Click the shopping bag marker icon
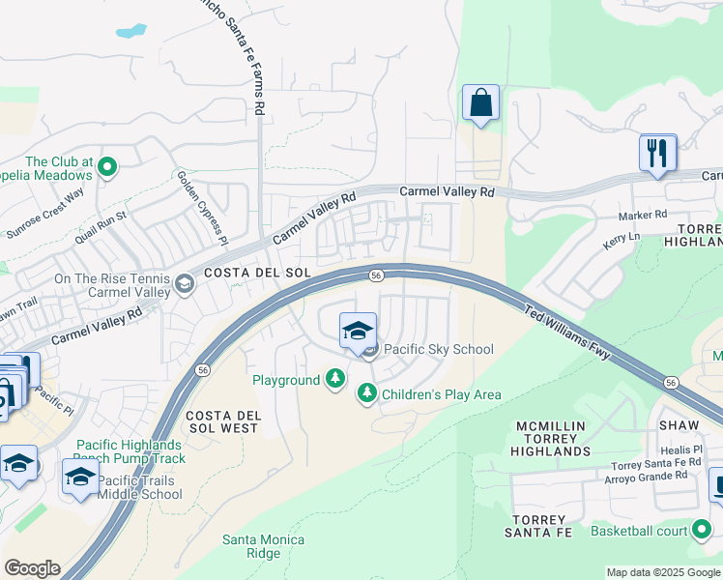click(x=480, y=103)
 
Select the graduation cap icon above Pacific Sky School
click(x=358, y=332)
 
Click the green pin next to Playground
click(x=334, y=379)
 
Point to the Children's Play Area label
click(x=441, y=393)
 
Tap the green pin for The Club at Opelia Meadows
click(x=107, y=168)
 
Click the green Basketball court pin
click(x=703, y=530)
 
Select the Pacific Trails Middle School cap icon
click(x=81, y=477)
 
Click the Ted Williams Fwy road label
click(x=567, y=334)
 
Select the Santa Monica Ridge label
click(x=263, y=546)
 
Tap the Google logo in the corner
click(x=31, y=568)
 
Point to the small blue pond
click(x=130, y=30)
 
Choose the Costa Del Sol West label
click(x=221, y=420)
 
